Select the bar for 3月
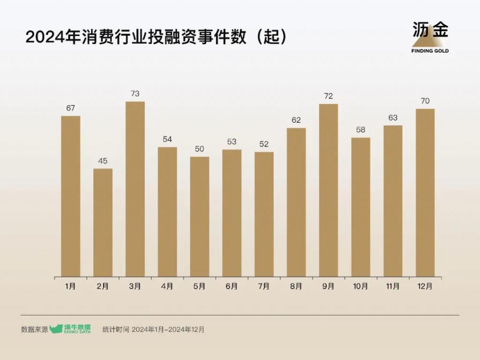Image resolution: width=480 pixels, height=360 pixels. [135, 189]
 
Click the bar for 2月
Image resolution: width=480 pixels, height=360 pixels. [103, 222]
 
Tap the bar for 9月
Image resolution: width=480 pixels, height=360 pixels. [328, 190]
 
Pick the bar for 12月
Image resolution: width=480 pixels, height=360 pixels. [425, 193]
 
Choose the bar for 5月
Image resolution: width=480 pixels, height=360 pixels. [200, 217]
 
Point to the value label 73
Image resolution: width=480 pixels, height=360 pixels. [135, 94]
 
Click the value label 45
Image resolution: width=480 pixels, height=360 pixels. [103, 161]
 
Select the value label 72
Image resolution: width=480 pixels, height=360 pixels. [328, 96]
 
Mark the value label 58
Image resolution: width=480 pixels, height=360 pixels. [360, 130]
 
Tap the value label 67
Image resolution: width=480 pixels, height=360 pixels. [70, 108]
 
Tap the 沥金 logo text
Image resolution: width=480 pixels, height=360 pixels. [430, 30]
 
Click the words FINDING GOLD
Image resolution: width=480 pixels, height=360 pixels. [430, 51]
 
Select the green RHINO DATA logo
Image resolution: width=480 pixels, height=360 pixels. [70, 329]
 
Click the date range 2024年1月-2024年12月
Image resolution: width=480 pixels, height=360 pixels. [168, 330]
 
